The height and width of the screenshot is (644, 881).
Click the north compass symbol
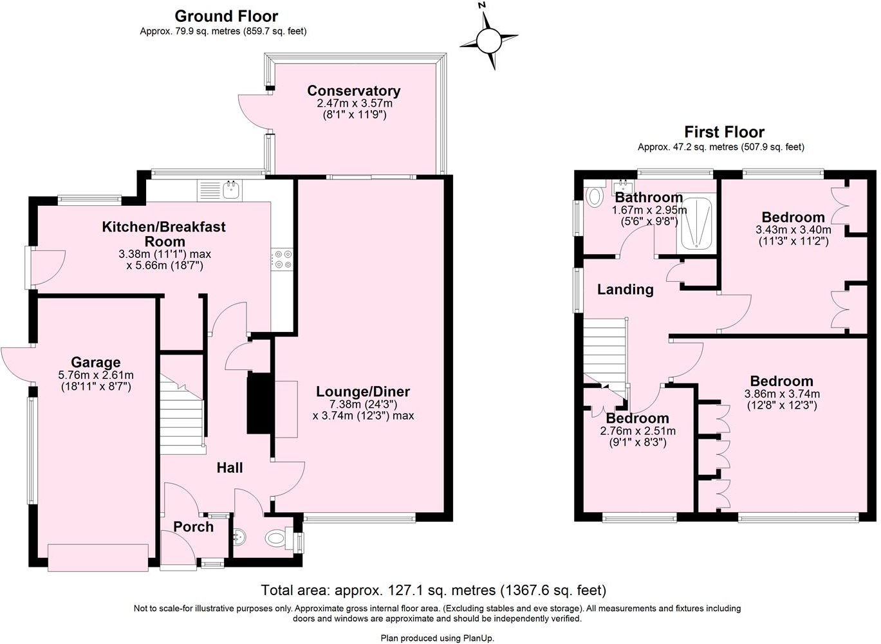488,41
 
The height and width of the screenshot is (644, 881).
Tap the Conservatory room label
353,91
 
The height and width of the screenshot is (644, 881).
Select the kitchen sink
231,189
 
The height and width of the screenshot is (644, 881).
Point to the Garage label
95,362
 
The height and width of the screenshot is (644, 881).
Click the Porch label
193,527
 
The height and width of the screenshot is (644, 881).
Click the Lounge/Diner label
363,392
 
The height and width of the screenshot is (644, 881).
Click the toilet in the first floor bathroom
595,194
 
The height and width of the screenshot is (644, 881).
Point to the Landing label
625,290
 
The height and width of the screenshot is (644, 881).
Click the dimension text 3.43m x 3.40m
793,230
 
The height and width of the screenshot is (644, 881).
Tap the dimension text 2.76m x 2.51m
637,431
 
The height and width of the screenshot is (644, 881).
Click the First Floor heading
724,132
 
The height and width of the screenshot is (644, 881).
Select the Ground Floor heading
226,16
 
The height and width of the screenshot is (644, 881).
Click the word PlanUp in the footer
478,638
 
